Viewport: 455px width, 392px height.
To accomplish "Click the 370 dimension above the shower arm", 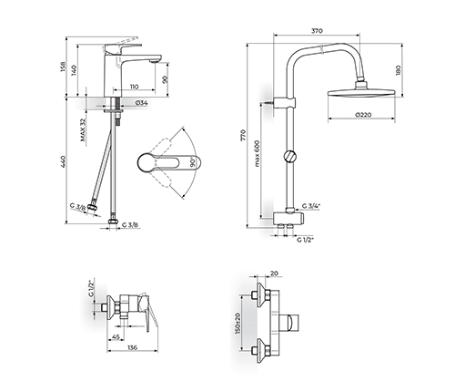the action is click(x=317, y=31).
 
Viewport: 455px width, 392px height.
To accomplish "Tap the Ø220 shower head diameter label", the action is click(x=363, y=115).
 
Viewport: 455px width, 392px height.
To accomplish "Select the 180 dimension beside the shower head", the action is click(x=399, y=70).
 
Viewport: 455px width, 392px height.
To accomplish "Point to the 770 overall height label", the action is click(x=243, y=135).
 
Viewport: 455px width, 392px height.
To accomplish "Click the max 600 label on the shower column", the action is click(x=258, y=153).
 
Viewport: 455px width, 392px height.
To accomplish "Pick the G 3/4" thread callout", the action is click(x=311, y=206).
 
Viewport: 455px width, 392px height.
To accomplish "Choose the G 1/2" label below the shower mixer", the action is click(x=305, y=240).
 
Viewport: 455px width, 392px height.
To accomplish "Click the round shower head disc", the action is click(x=361, y=93).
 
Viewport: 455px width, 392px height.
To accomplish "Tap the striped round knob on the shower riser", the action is click(x=289, y=156).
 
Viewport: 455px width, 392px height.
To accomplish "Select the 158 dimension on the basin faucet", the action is click(x=63, y=67).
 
